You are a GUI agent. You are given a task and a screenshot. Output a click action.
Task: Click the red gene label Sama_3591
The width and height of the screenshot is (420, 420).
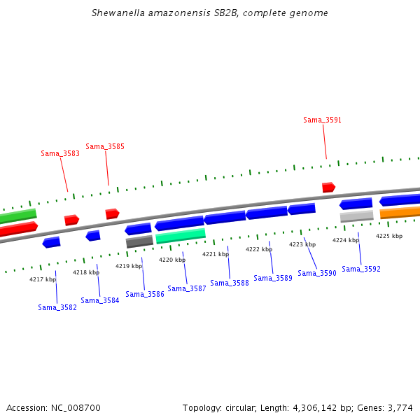tap(322, 120)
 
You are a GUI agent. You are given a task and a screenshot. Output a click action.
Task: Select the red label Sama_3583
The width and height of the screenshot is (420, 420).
tap(60, 153)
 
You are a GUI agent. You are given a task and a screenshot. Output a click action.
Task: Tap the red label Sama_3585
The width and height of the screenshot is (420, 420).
tap(105, 146)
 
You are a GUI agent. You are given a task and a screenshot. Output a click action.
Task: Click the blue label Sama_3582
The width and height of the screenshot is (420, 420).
tap(57, 307)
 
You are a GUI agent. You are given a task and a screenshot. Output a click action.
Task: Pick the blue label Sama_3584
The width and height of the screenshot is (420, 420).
tap(99, 300)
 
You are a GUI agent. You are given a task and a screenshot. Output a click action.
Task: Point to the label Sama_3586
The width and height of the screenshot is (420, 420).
tap(145, 294)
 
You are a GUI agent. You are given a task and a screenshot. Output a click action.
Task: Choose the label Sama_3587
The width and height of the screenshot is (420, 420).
tap(187, 288)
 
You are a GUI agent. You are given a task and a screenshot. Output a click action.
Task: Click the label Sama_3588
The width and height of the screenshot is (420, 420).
tap(230, 283)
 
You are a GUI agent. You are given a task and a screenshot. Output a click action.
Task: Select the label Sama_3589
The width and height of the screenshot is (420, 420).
tap(273, 278)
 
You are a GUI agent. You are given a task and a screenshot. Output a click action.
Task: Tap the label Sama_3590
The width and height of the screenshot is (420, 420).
tap(317, 273)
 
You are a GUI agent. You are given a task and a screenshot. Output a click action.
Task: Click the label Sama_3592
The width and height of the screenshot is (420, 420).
tap(361, 269)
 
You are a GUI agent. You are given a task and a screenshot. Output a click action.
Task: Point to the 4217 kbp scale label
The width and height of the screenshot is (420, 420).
tap(42, 279)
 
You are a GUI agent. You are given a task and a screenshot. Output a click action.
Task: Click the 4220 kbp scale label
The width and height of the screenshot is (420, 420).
tap(172, 260)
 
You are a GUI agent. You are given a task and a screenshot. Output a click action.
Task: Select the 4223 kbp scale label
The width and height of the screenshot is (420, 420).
tap(302, 244)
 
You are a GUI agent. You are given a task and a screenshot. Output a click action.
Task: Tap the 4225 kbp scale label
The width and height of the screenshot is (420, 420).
tap(389, 236)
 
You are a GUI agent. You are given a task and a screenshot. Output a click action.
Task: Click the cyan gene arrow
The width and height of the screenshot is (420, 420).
tap(181, 236)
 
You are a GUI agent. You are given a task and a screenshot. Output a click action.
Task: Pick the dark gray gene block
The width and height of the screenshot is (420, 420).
tap(139, 241)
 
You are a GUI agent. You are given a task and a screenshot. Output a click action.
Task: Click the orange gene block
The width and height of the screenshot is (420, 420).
tap(400, 212)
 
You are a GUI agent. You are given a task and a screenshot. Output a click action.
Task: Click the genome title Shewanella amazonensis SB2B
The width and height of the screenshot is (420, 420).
tap(210, 13)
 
